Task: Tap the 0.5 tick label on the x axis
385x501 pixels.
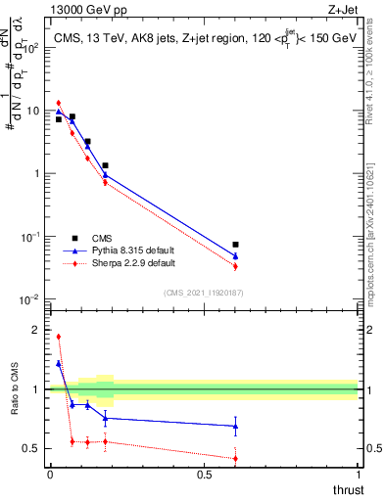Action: pyautogui.click(x=204, y=474)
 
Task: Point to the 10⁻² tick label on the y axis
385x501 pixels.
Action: pyautogui.click(x=31, y=299)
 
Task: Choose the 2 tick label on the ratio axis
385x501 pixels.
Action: pyautogui.click(x=35, y=330)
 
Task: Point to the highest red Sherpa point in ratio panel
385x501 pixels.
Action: pyautogui.click(x=59, y=337)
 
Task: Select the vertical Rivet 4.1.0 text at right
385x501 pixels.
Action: pyautogui.click(x=375, y=78)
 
